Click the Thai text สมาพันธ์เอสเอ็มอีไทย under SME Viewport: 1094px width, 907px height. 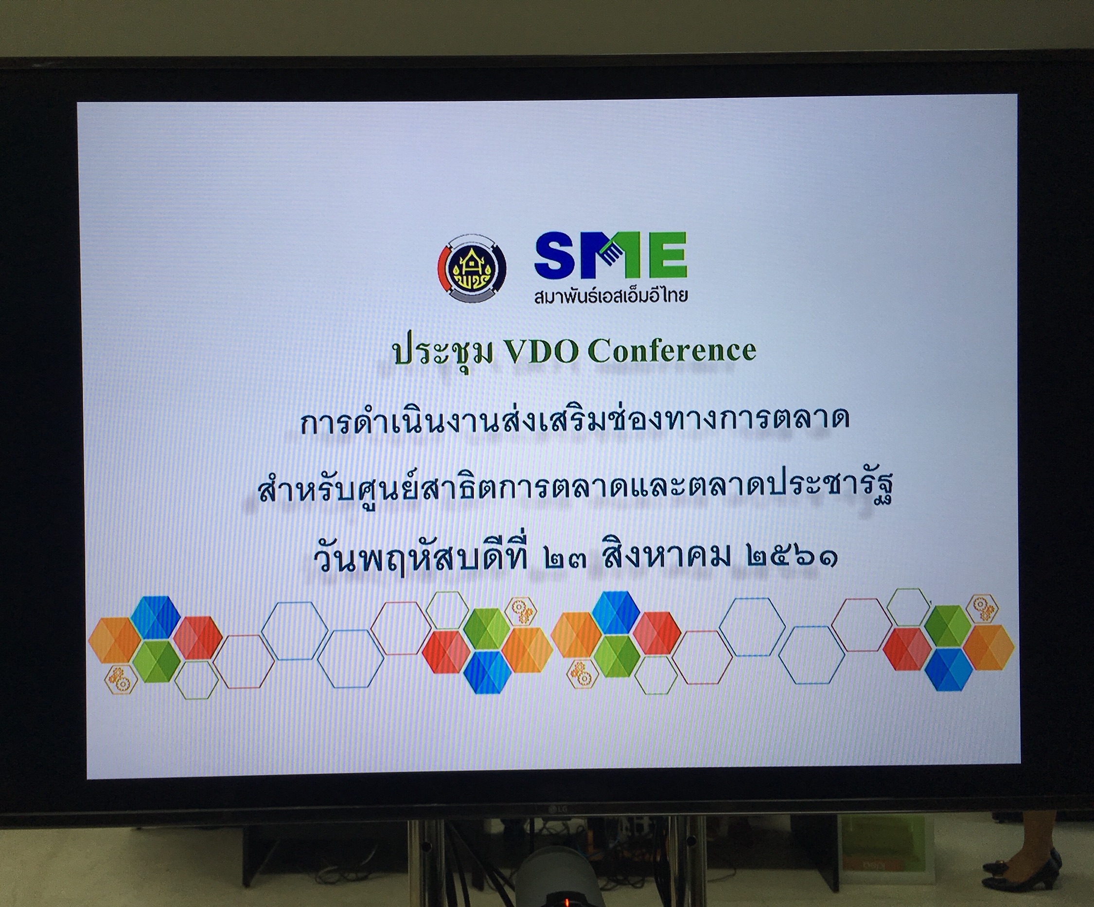[611, 296]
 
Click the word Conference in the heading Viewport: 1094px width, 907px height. [672, 350]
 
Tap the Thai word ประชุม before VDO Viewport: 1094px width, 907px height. [443, 353]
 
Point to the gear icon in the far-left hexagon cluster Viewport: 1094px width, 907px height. [121, 679]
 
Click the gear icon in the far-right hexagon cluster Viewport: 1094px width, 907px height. [982, 607]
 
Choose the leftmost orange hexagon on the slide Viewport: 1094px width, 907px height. [115, 640]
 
